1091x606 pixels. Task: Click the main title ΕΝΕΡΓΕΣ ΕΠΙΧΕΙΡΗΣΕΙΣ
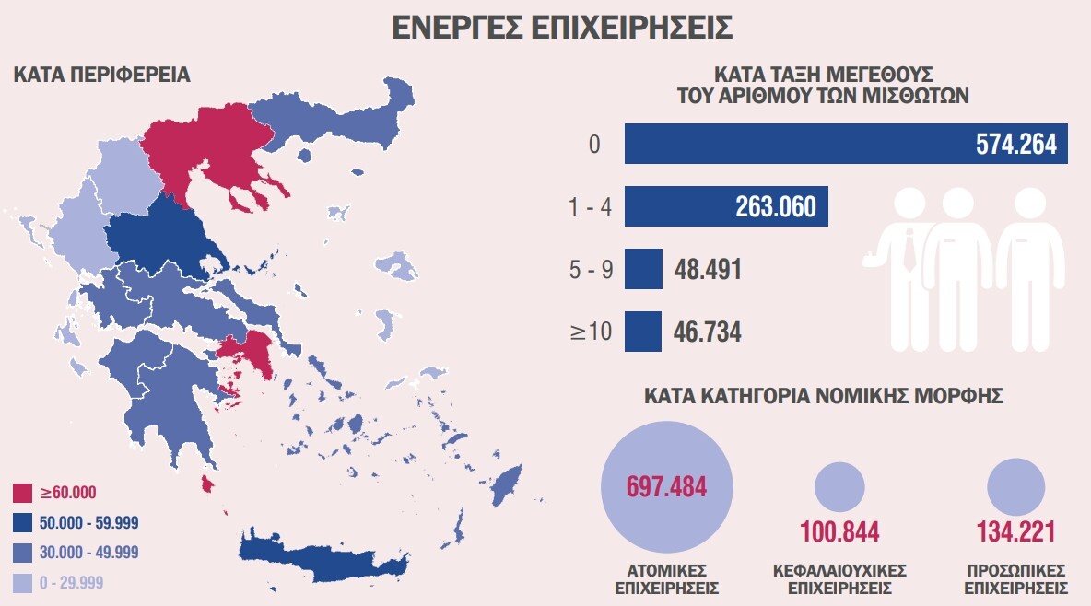point(562,28)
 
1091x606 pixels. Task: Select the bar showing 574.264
point(846,144)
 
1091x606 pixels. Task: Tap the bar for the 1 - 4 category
point(726,206)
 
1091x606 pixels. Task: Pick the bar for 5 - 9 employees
point(643,269)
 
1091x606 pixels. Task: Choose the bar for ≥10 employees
point(643,332)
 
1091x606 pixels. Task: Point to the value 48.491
point(709,270)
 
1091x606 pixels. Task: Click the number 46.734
point(709,332)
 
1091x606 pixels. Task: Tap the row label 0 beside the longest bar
point(594,145)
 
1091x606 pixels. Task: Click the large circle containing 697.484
point(666,486)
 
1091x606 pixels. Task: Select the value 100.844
point(839,532)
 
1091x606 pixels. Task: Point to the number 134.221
point(1015,532)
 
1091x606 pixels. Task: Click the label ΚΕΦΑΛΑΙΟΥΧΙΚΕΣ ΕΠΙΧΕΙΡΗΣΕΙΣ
point(839,578)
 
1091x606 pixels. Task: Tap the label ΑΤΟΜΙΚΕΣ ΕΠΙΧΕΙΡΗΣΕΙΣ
point(666,578)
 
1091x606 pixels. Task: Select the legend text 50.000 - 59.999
point(89,522)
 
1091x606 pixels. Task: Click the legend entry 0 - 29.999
point(72,582)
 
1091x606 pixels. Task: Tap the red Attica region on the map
point(249,355)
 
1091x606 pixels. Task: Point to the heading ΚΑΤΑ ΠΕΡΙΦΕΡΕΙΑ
point(101,75)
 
